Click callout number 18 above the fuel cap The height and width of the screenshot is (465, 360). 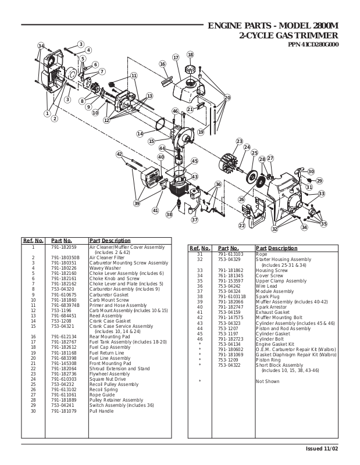pos(190,55)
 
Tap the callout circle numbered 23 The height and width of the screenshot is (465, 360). pos(239,141)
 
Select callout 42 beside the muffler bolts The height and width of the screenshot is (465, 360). pos(119,154)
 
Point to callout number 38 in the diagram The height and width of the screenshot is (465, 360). pos(169,214)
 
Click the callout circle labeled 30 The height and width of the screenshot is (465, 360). pos(311,171)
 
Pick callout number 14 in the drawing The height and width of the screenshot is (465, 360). pos(140,134)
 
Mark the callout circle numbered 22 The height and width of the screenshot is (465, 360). pos(242,225)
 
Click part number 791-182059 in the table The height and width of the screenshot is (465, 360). pos(64,247)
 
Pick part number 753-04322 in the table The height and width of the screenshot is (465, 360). pos(229,365)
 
